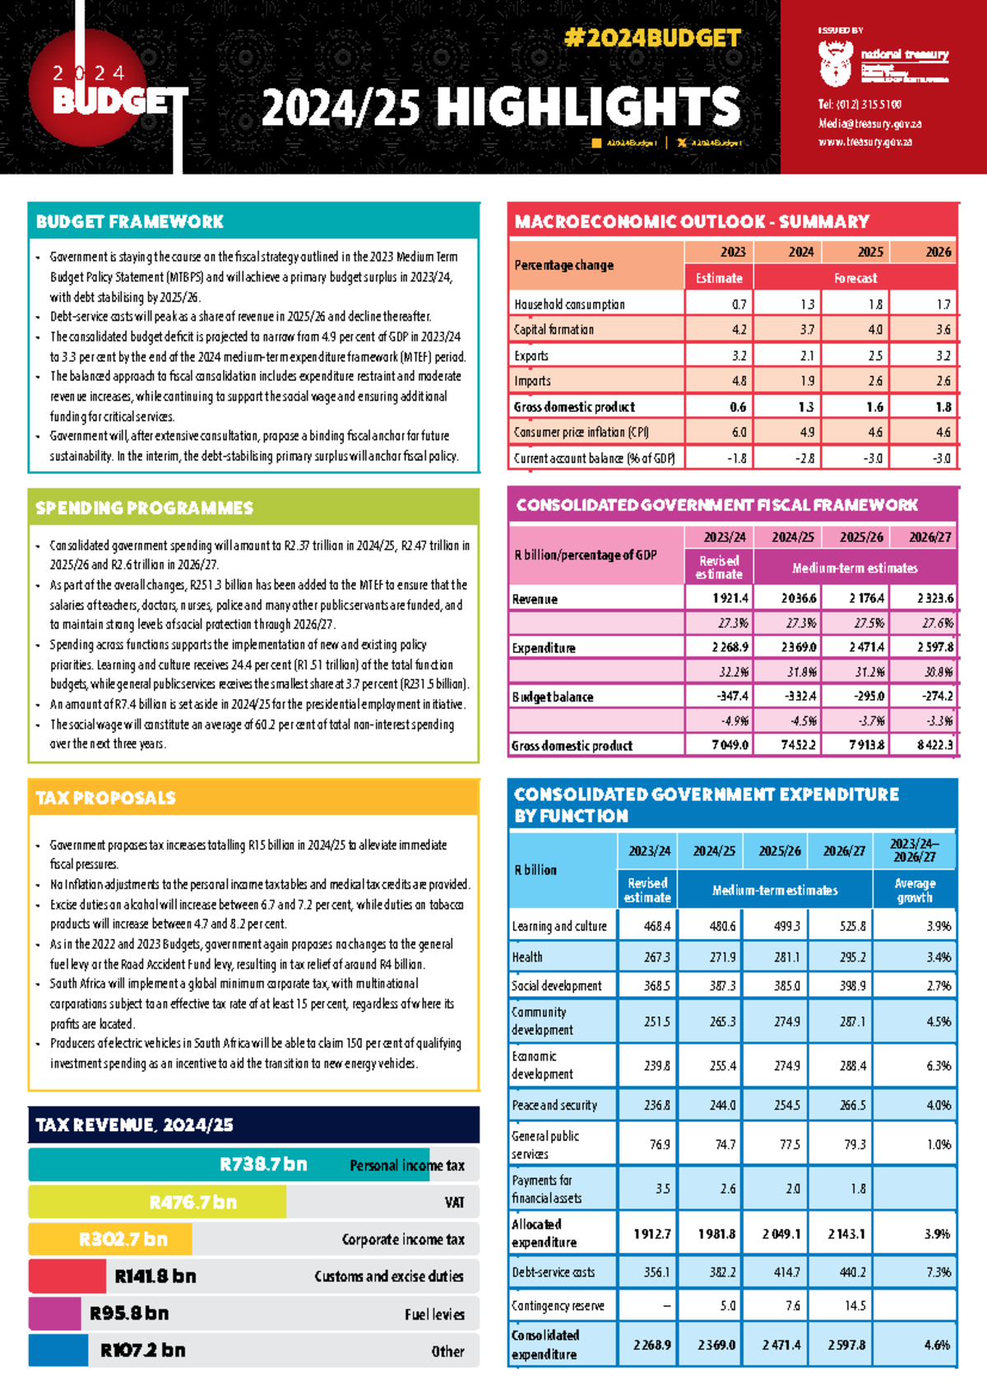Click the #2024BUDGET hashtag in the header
point(652,38)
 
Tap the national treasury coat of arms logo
point(834,65)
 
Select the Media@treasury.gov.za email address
point(869,123)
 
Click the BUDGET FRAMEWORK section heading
point(130,221)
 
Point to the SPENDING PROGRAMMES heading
point(144,507)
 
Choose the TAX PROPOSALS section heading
point(105,797)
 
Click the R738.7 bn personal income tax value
point(263,1164)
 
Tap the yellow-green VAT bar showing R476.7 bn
point(158,1202)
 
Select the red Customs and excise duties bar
point(67,1276)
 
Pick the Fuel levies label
point(434,1314)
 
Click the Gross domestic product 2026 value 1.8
point(943,406)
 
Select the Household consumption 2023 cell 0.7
point(739,304)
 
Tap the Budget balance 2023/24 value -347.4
point(732,696)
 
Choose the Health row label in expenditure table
point(527,957)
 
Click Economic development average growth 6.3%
point(938,1065)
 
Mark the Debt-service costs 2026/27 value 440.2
point(852,1272)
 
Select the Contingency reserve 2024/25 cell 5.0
point(727,1305)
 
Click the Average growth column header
point(915,890)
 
